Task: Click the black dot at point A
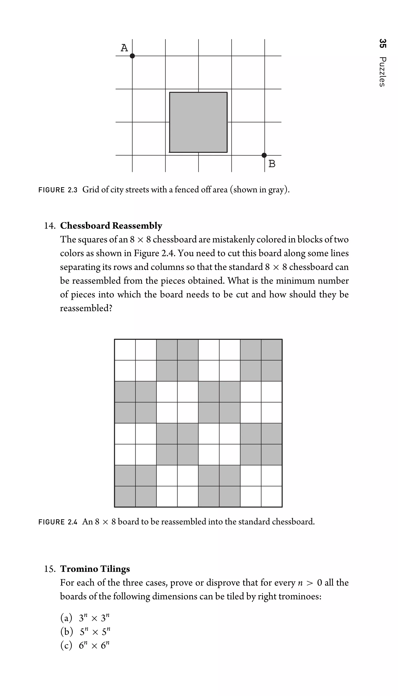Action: [132, 56]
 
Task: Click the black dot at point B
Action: [264, 155]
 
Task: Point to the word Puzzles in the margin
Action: [382, 72]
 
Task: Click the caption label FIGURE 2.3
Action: [58, 190]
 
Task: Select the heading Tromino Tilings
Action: [95, 569]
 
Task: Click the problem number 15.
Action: [50, 569]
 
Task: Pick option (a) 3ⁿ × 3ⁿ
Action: [85, 618]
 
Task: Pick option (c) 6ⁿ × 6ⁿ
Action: [85, 645]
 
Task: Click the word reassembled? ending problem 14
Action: [86, 308]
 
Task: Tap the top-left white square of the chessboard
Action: [125, 350]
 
